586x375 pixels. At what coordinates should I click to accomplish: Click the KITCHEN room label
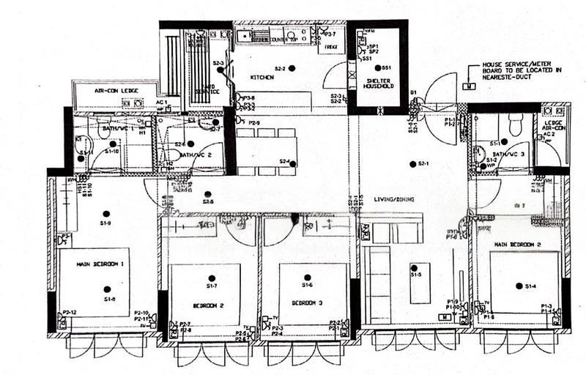262,77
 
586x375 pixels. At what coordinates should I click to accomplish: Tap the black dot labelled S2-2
292,68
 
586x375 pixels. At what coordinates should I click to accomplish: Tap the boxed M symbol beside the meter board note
468,86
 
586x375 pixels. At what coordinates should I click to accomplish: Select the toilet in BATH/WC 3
513,126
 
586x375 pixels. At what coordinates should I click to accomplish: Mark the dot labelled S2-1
411,164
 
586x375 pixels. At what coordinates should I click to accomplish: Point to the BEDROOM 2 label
209,302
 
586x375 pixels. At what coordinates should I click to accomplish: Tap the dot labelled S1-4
518,286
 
